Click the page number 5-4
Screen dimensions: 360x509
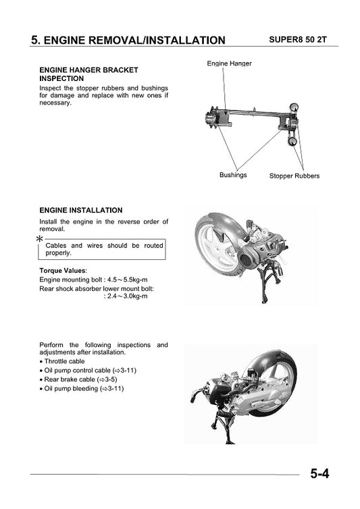[319, 474]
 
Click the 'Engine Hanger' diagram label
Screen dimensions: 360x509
[229, 63]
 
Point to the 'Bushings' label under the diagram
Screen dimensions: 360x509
[233, 175]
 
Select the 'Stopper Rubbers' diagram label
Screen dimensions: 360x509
[294, 176]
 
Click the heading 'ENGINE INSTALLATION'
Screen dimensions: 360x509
[81, 211]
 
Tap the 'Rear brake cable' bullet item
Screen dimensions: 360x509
[84, 379]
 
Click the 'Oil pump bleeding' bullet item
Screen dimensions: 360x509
[84, 388]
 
